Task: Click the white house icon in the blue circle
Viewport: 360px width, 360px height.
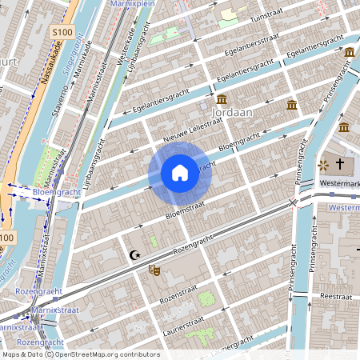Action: pyautogui.click(x=180, y=173)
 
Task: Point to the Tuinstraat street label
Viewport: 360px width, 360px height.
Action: pyautogui.click(x=268, y=18)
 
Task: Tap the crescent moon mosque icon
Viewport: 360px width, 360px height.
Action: pyautogui.click(x=135, y=255)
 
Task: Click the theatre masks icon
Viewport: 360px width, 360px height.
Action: pyautogui.click(x=154, y=270)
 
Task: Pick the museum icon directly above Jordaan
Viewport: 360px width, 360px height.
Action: pyautogui.click(x=222, y=98)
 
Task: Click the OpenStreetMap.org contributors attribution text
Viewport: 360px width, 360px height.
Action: pyautogui.click(x=107, y=354)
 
